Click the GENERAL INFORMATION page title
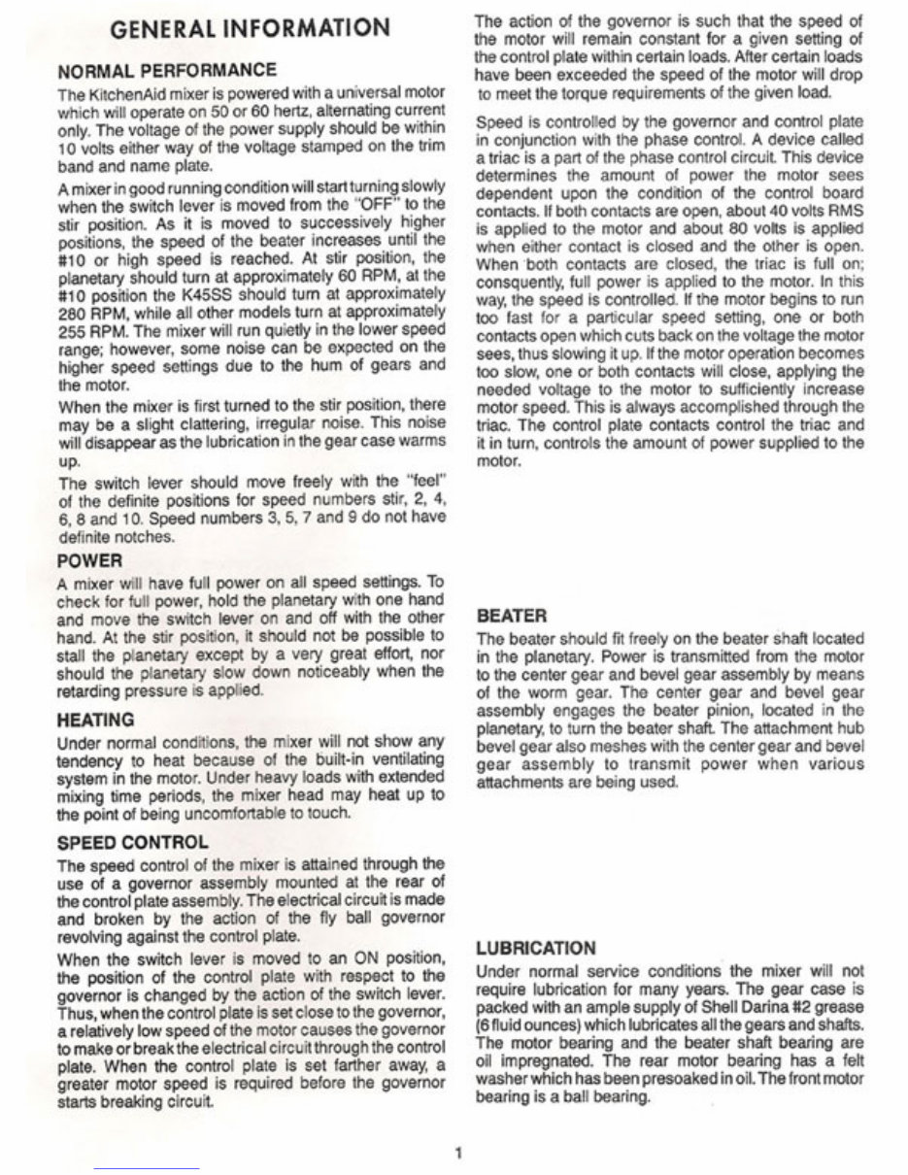coord(251,28)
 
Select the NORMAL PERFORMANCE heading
coord(167,71)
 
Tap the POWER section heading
coord(90,560)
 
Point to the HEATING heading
coord(96,720)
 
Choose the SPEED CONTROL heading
coord(133,842)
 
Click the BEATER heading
coord(512,616)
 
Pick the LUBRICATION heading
coord(535,948)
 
